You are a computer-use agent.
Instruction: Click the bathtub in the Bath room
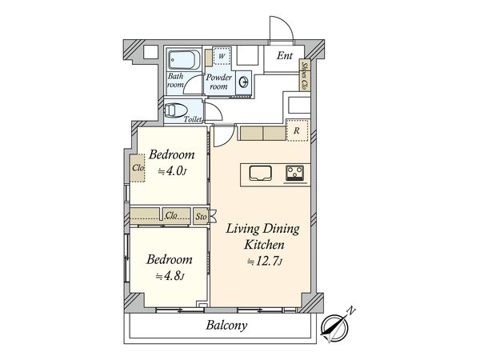pyautogui.click(x=184, y=60)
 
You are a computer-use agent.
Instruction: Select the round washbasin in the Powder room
pyautogui.click(x=244, y=82)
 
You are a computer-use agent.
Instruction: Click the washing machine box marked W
pyautogui.click(x=222, y=56)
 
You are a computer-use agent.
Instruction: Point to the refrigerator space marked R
pyautogui.click(x=297, y=130)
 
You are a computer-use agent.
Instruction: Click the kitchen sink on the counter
pyautogui.click(x=261, y=173)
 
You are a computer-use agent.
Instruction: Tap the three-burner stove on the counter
pyautogui.click(x=294, y=174)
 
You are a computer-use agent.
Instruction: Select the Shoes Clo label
pyautogui.click(x=304, y=76)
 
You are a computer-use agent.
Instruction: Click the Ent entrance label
pyautogui.click(x=284, y=56)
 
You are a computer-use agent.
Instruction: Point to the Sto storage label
pyautogui.click(x=201, y=217)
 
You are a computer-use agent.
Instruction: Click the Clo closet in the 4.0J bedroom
pyautogui.click(x=138, y=168)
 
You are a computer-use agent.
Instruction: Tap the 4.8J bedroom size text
pyautogui.click(x=170, y=277)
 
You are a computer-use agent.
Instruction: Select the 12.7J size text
pyautogui.click(x=265, y=262)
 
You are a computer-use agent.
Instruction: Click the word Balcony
pyautogui.click(x=226, y=325)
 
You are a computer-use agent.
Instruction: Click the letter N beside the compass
pyautogui.click(x=351, y=311)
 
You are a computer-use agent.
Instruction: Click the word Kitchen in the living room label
pyautogui.click(x=264, y=245)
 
